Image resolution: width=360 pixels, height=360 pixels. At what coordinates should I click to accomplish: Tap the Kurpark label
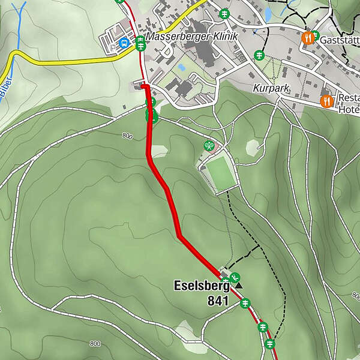[x=272, y=88]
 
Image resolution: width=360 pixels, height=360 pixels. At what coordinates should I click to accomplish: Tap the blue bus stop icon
[x=124, y=43]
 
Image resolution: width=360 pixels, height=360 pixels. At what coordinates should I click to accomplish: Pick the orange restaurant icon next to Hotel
[x=327, y=101]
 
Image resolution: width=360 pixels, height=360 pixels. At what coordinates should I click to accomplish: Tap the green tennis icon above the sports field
[x=208, y=145]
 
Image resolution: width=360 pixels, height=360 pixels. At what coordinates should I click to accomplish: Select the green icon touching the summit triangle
[x=235, y=277]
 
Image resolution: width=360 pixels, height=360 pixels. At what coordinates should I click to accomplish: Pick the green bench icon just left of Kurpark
[x=259, y=54]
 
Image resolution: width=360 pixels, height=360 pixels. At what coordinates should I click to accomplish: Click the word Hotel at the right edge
[x=349, y=110]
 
